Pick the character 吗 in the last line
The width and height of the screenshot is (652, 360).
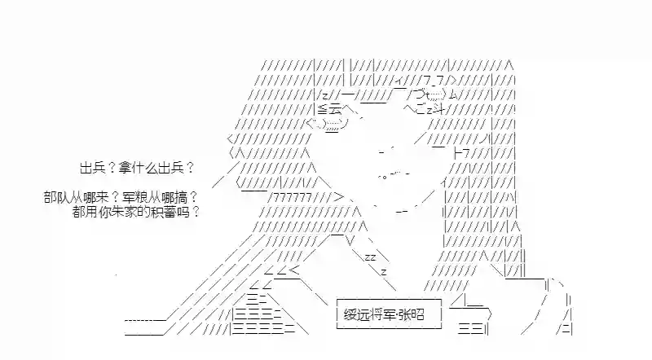tap(184, 211)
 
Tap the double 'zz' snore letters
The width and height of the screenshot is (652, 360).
tap(370, 256)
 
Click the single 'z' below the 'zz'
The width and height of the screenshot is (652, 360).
tap(383, 270)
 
